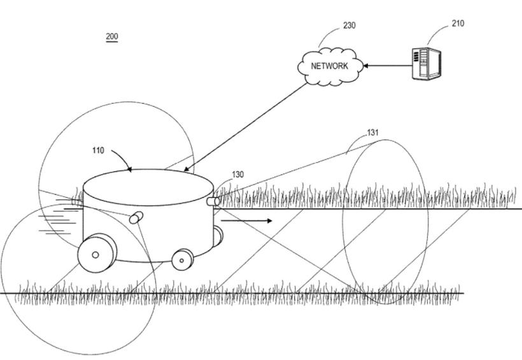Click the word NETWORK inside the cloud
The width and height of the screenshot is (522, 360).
pos(330,66)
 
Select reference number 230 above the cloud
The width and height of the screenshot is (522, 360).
pos(349,25)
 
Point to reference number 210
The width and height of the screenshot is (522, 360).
pos(458,24)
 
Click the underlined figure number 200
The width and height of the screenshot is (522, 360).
pos(112,37)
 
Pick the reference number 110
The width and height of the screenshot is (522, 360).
pos(98,151)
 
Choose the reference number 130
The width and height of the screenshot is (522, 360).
pos(237,174)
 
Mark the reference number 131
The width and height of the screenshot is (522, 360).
pos(373,133)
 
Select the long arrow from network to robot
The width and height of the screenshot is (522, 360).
pos(248,127)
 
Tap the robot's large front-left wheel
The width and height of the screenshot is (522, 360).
pos(95,254)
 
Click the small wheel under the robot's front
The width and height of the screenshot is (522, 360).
pos(183,258)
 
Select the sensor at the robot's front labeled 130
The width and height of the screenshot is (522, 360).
pos(213,201)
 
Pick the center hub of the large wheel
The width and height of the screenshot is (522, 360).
pos(95,255)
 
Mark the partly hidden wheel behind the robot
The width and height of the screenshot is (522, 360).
pos(218,235)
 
